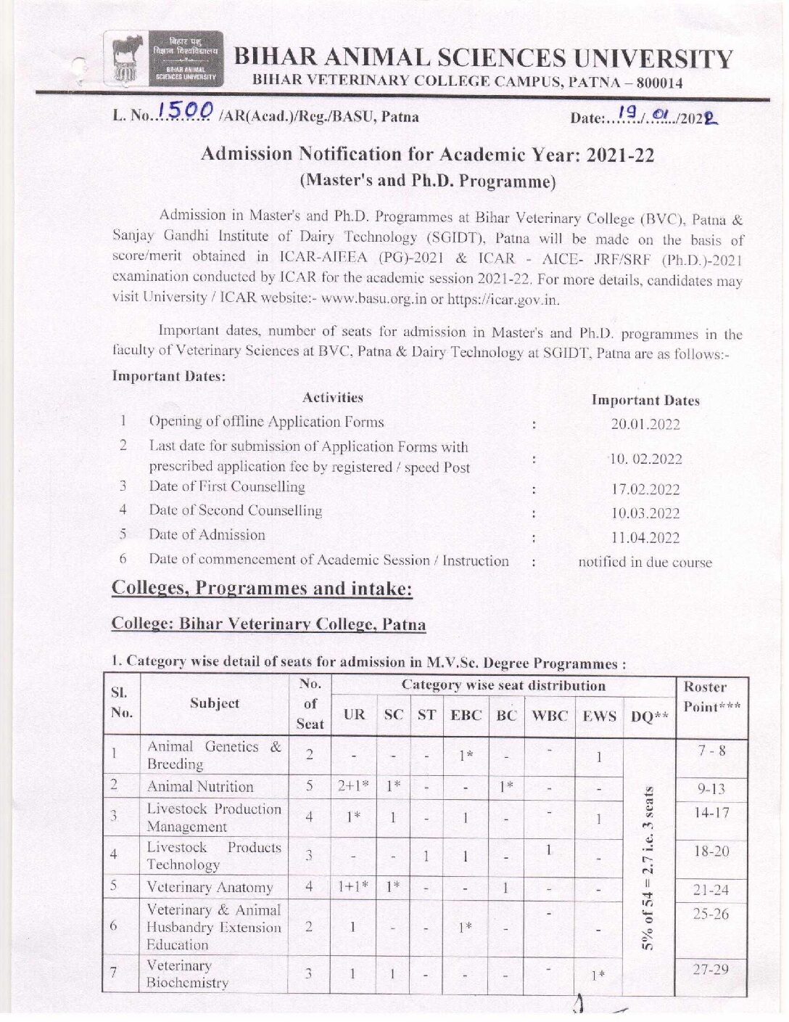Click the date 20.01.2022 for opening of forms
pyautogui.click(x=645, y=425)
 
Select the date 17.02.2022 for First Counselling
pyautogui.click(x=645, y=490)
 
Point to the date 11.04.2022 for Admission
pyautogui.click(x=645, y=538)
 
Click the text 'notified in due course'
pyautogui.click(x=645, y=563)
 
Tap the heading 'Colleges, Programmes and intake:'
pyautogui.click(x=262, y=589)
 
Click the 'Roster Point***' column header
pyautogui.click(x=711, y=697)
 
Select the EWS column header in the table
pyautogui.click(x=599, y=716)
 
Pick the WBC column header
pyautogui.click(x=549, y=716)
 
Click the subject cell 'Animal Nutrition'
pyautogui.click(x=200, y=787)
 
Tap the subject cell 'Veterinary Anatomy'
pyautogui.click(x=210, y=888)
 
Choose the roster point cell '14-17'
pyautogui.click(x=711, y=813)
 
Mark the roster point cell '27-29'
pyautogui.click(x=711, y=970)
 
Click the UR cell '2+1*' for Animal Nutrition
pyautogui.click(x=353, y=787)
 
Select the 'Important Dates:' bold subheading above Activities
pyautogui.click(x=169, y=376)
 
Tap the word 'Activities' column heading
pyautogui.click(x=333, y=398)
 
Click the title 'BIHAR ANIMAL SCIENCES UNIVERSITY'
pyautogui.click(x=483, y=59)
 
